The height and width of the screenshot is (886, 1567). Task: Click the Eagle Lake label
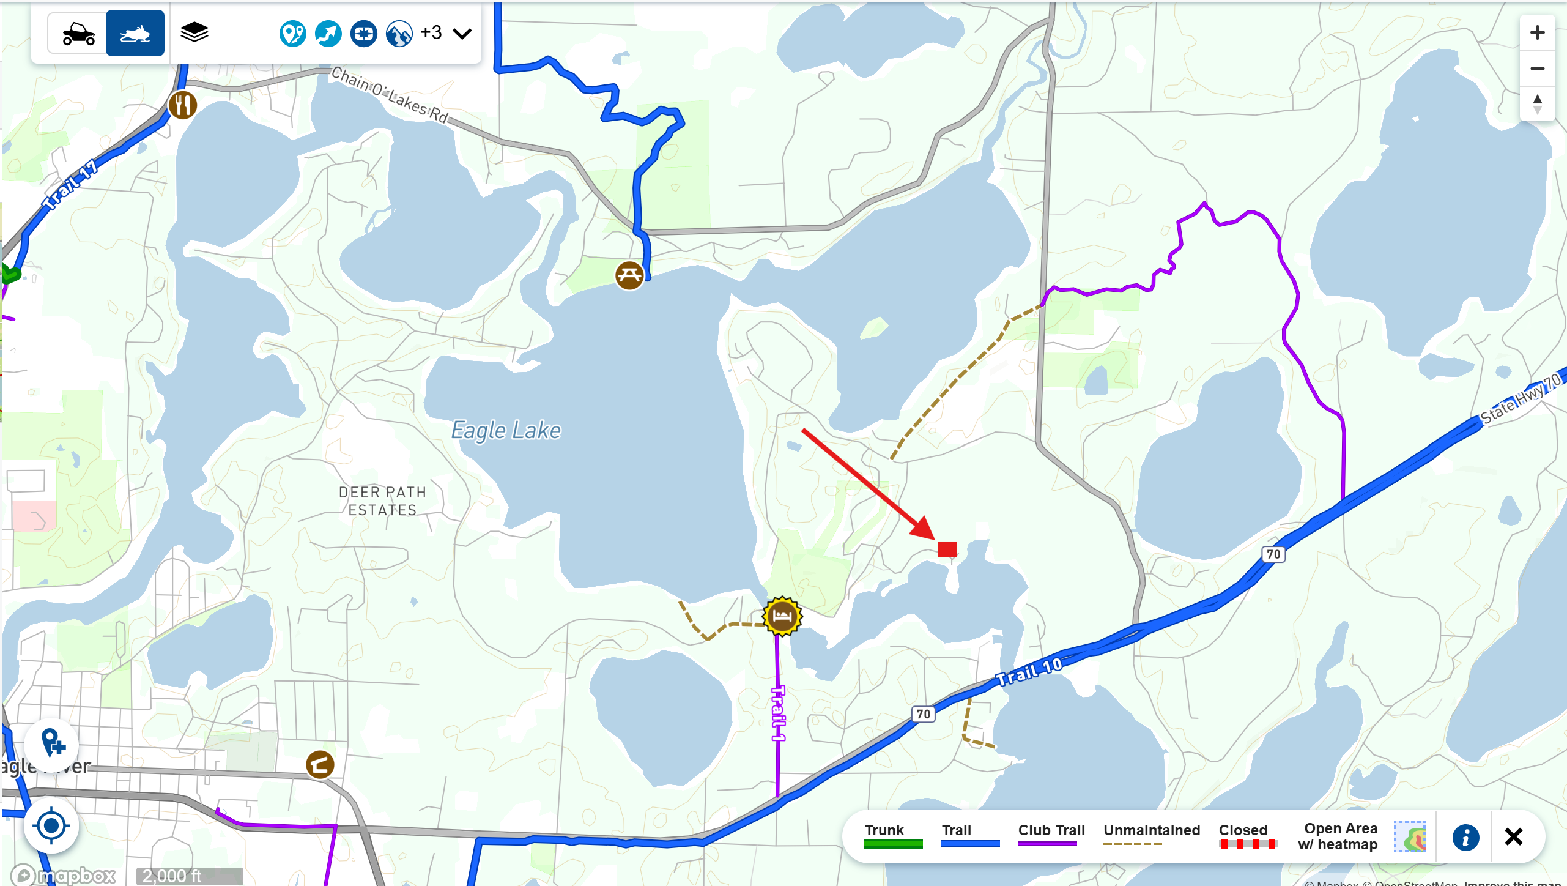[506, 431]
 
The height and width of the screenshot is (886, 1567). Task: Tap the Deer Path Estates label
[382, 501]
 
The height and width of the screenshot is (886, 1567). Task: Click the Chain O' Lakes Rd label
[390, 95]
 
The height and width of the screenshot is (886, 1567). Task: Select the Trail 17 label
[70, 185]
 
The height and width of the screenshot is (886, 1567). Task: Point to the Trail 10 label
[1029, 671]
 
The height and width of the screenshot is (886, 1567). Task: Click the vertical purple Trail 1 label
[777, 713]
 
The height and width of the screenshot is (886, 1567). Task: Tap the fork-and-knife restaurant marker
[182, 105]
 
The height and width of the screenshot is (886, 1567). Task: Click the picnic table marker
[629, 275]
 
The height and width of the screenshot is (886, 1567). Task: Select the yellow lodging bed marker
[782, 616]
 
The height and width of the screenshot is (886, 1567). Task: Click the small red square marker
[947, 549]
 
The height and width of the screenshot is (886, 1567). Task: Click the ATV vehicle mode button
[78, 34]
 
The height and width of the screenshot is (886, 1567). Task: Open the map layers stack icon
[194, 32]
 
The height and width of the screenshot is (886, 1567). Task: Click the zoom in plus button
[1537, 32]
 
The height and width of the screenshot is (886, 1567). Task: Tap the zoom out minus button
[1537, 69]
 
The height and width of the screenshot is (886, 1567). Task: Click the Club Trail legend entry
[1051, 836]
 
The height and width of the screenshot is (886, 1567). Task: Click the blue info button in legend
[1465, 837]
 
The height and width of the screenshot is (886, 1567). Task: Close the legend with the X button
[1513, 836]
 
